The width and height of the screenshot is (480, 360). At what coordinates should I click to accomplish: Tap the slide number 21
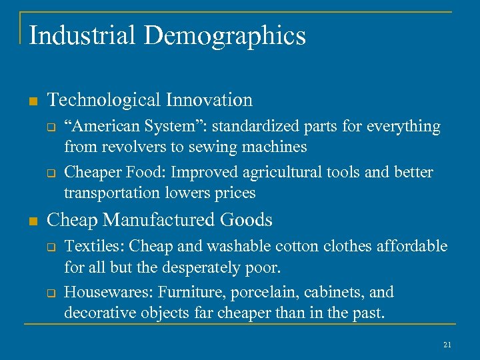point(447,344)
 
